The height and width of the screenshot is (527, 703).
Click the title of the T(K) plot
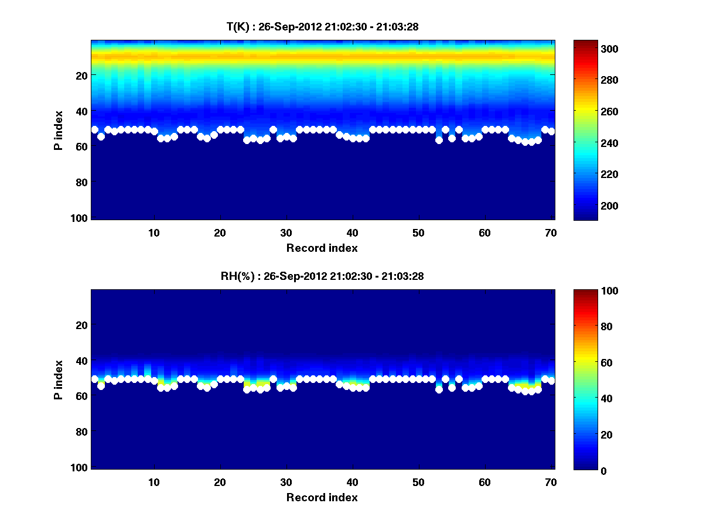click(322, 26)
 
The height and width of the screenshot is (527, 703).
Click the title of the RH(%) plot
click(322, 276)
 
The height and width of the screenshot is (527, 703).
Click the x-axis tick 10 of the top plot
click(153, 232)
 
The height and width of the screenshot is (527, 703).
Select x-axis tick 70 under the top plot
click(550, 232)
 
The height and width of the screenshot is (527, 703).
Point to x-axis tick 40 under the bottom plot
click(352, 482)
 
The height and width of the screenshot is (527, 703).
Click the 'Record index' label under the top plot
click(322, 248)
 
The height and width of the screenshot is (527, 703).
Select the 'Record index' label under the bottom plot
click(322, 497)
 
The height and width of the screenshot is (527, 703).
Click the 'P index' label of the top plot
click(59, 129)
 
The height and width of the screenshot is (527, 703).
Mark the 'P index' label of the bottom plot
click(59, 379)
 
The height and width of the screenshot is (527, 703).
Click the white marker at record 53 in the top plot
click(439, 140)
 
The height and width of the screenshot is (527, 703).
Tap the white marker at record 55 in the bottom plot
click(452, 388)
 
